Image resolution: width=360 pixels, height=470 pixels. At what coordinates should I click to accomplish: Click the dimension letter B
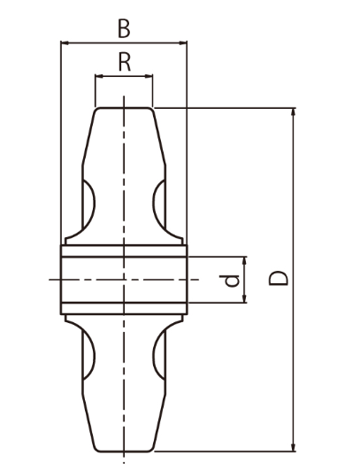(x=124, y=29)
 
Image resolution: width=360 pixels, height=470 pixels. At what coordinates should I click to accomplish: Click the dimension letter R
(x=125, y=62)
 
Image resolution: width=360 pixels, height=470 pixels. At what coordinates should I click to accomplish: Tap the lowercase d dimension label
(x=229, y=281)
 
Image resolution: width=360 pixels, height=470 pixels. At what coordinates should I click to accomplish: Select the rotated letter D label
(x=279, y=278)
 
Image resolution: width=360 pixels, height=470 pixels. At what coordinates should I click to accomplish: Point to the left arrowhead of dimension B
(x=65, y=43)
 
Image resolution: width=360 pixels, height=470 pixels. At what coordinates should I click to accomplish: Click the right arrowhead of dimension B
(x=183, y=43)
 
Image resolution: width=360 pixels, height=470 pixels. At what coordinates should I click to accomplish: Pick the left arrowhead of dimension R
(x=99, y=76)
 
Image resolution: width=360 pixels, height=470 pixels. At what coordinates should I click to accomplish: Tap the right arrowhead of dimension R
(x=149, y=76)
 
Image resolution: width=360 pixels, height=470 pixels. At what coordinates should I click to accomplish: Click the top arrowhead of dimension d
(x=244, y=261)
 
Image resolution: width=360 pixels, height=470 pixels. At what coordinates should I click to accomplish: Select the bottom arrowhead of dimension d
(x=244, y=298)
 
